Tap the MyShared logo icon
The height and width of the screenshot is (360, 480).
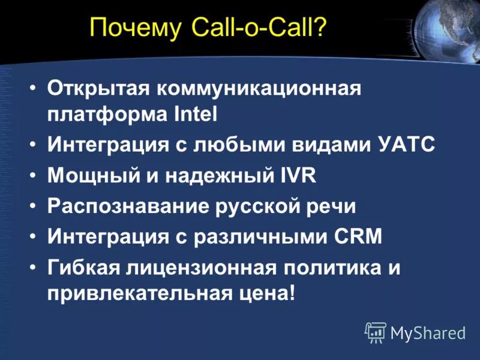click(x=375, y=332)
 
